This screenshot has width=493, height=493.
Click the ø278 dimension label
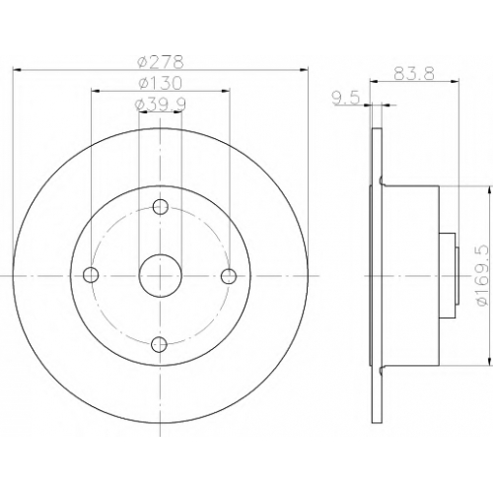pyautogui.click(x=160, y=62)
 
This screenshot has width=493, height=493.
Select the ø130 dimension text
pyautogui.click(x=160, y=83)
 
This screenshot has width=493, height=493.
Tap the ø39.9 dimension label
pyautogui.click(x=160, y=105)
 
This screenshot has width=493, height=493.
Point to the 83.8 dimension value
pyautogui.click(x=414, y=74)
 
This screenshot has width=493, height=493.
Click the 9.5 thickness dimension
pyautogui.click(x=346, y=99)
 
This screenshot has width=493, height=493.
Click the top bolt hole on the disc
pyautogui.click(x=161, y=207)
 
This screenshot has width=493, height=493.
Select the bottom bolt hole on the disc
pyautogui.click(x=159, y=344)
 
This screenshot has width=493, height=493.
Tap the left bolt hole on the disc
pyautogui.click(x=91, y=275)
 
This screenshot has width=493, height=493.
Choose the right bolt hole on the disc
pyautogui.click(x=229, y=276)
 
